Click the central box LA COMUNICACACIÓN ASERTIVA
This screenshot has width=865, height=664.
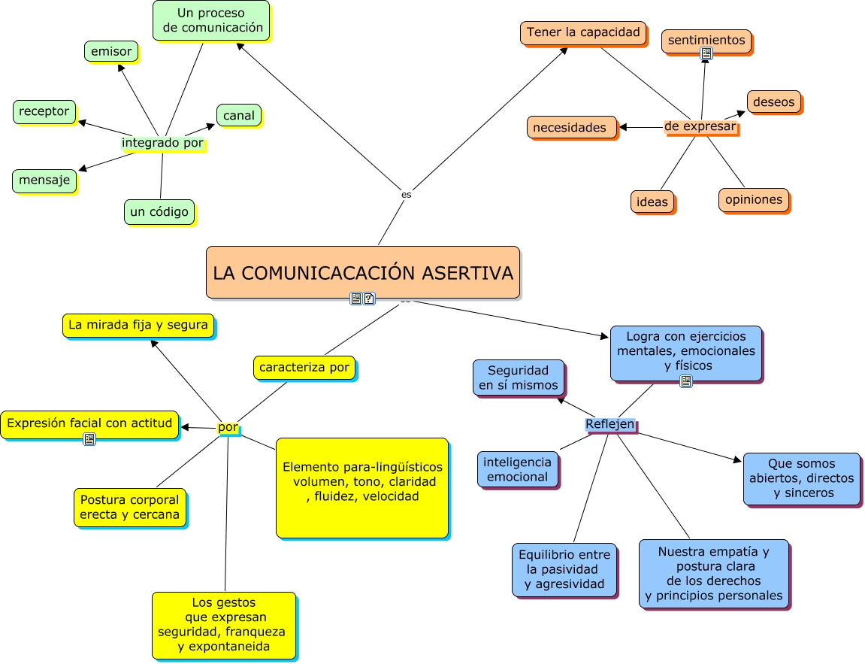(x=363, y=272)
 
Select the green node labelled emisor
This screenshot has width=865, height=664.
(x=111, y=52)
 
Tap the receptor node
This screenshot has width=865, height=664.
(x=44, y=111)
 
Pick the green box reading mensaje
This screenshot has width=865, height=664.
(x=44, y=180)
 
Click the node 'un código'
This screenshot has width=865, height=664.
(x=159, y=212)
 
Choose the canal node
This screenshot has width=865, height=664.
(x=239, y=116)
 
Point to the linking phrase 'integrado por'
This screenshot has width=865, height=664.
(x=162, y=143)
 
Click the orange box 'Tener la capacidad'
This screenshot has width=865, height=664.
(x=583, y=32)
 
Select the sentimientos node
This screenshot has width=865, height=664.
(x=706, y=41)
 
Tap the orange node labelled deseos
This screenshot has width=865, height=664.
(x=774, y=102)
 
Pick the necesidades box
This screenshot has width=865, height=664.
(x=570, y=128)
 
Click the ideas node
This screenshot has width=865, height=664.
(x=652, y=202)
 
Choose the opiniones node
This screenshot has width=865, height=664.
(x=753, y=200)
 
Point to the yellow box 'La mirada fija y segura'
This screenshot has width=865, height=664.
(x=138, y=325)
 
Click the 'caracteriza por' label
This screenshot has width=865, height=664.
(x=304, y=367)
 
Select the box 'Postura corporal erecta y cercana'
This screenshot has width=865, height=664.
(x=130, y=508)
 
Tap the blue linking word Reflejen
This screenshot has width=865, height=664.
(x=609, y=425)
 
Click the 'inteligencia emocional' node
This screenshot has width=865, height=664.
(x=517, y=469)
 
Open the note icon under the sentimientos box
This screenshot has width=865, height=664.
(x=706, y=53)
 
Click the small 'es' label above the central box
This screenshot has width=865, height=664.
(x=407, y=194)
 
